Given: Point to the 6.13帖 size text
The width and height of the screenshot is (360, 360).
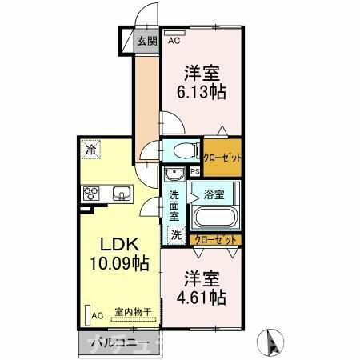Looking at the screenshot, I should tap(201, 90).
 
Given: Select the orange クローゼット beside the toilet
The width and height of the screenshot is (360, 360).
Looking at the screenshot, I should tap(222, 157).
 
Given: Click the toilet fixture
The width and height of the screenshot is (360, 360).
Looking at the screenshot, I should tap(182, 149).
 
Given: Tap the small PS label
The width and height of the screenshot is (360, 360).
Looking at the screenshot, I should tap(194, 171).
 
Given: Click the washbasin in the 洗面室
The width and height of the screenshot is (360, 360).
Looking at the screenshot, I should tap(174, 176).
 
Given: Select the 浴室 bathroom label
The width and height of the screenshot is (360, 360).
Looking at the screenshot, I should tap(214, 194).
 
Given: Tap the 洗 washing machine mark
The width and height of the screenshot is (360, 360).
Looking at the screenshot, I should tap(176, 236).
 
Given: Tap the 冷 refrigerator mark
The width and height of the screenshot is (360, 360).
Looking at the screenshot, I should tap(91, 150).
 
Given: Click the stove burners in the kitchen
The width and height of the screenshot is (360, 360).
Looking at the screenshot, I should tap(91, 193).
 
